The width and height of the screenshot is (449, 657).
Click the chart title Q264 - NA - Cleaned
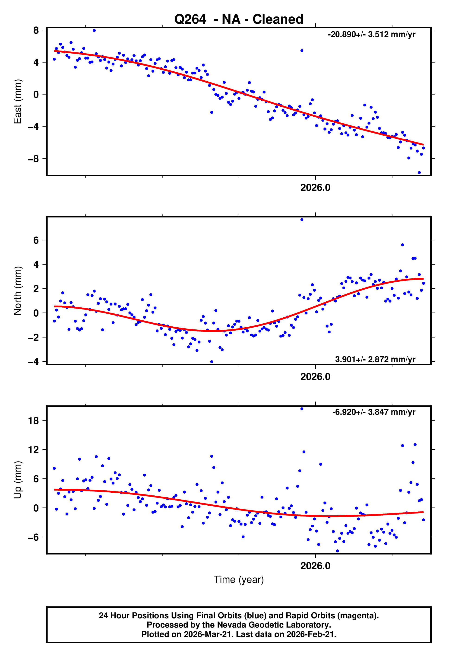[239, 19]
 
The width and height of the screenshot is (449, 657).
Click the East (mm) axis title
[18, 102]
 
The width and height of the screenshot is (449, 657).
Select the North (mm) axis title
[18, 291]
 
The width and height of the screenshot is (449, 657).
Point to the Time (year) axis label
[239, 580]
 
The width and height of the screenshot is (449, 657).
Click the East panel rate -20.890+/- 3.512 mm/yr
[371, 35]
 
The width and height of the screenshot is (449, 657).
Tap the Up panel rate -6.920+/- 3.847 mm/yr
[373, 412]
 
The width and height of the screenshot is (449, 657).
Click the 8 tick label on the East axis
[36, 30]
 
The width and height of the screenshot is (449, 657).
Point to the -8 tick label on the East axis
[33, 159]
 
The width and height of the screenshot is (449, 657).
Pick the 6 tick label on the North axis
[36, 240]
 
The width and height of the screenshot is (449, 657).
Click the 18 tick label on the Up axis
[33, 421]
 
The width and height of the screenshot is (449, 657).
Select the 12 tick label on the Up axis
[33, 450]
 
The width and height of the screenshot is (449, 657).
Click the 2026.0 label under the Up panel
[315, 566]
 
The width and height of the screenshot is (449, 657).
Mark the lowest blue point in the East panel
[419, 172]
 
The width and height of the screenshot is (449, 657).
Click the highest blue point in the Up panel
[302, 409]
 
